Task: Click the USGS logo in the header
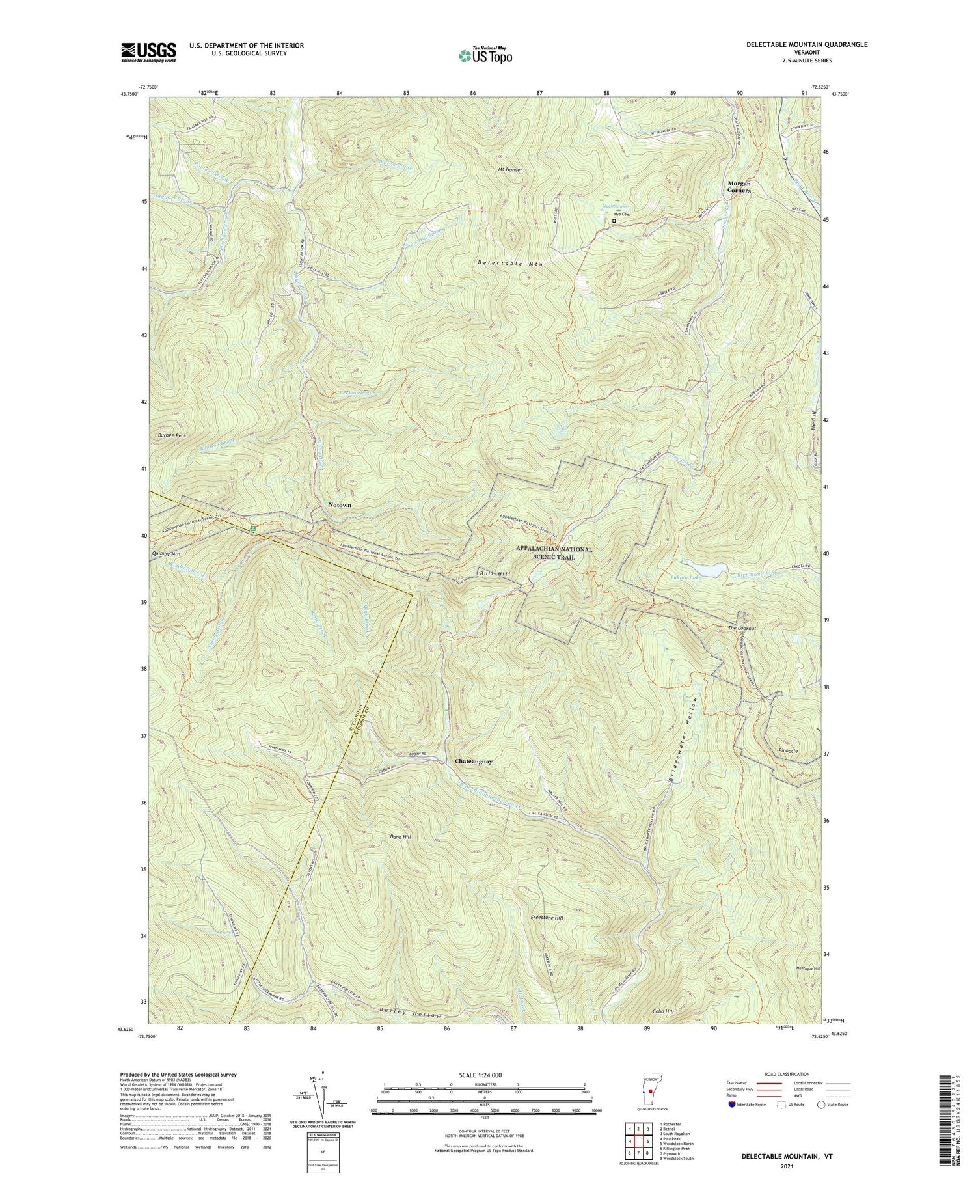(148, 52)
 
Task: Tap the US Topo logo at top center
(485, 55)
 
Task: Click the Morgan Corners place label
(735, 187)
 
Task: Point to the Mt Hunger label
(510, 169)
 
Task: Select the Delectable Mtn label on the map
(509, 264)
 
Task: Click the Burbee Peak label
(172, 435)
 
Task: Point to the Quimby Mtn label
(165, 553)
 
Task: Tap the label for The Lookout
(742, 628)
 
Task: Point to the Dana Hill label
(401, 836)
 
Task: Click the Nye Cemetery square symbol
(614, 221)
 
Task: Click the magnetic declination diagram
(316, 1095)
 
